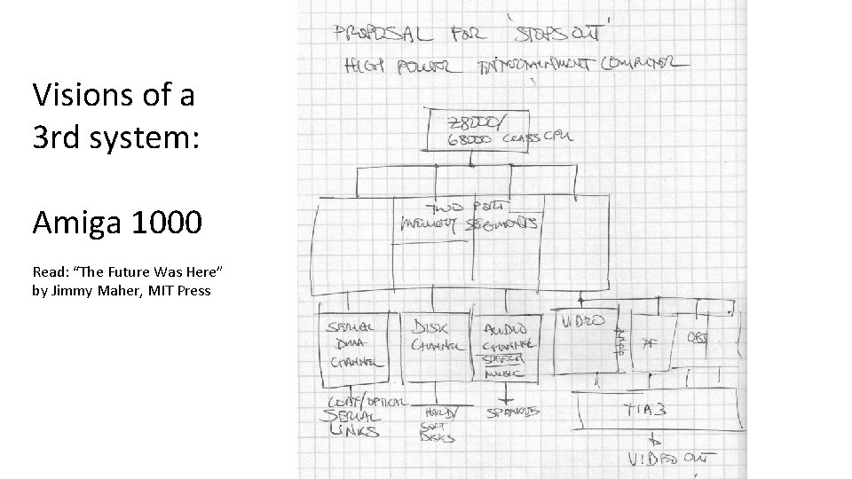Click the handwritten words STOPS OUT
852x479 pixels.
coord(558,32)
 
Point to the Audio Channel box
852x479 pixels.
coord(509,342)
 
